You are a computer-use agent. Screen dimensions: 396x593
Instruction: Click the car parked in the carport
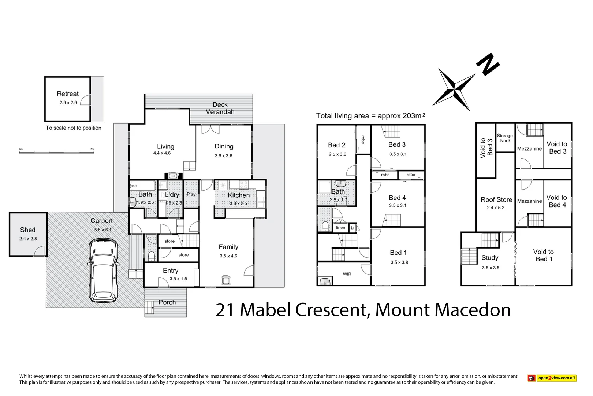103,271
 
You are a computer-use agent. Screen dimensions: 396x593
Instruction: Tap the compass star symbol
454,89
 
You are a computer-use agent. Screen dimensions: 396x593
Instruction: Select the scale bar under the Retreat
56,151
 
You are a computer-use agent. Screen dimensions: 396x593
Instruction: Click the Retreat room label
68,94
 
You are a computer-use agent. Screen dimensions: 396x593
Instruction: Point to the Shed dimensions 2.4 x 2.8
28,239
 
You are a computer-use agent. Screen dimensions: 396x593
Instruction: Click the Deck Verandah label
220,109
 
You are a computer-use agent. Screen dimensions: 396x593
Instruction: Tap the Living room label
165,146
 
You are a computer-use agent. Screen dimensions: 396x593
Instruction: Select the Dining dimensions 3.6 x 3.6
223,156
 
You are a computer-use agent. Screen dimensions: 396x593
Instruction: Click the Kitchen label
239,195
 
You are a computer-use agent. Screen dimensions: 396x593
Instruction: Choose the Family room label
228,247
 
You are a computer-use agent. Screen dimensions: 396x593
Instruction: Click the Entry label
171,271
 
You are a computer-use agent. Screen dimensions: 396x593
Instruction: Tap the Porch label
167,302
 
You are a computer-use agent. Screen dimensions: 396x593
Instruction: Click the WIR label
347,274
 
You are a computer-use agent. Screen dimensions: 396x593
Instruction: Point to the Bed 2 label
337,145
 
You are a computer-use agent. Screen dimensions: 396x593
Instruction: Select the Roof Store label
496,200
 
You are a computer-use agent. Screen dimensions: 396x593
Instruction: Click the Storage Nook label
505,138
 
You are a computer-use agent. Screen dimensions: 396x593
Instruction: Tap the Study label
490,258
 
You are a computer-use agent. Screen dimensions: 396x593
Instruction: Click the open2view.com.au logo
552,378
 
